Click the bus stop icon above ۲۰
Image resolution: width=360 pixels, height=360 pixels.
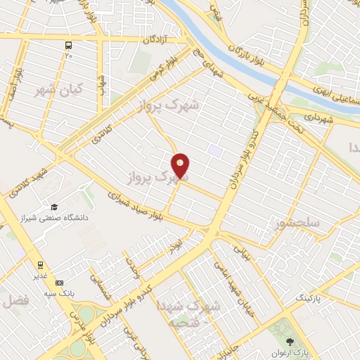[69, 43]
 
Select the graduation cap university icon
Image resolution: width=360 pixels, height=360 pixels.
[53, 207]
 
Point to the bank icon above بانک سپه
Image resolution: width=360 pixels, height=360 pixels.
[59, 282]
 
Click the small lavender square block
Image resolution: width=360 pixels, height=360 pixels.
[215, 150]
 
